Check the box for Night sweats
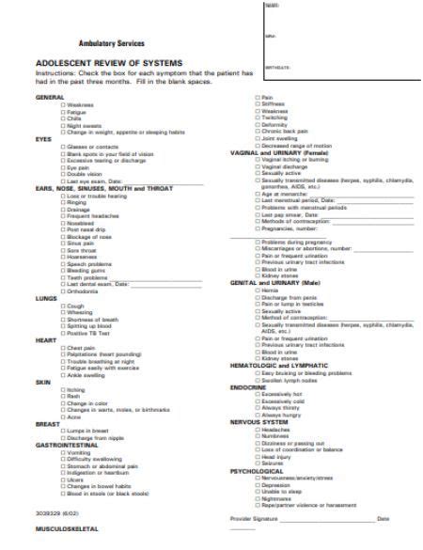coord(63,125)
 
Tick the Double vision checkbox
coord(63,173)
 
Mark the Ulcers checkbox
coord(63,479)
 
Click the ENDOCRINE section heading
coord(249,386)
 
